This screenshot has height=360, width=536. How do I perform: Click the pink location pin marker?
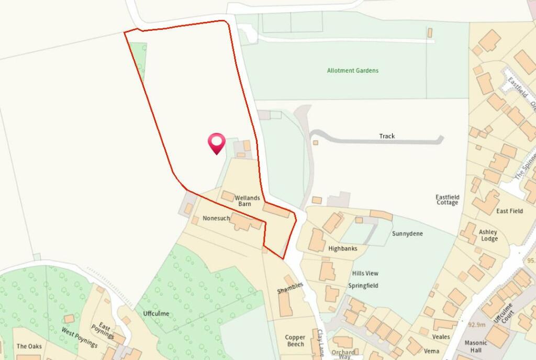point(216,142)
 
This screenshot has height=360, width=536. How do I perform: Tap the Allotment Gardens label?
point(353,71)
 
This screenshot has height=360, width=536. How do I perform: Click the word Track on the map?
point(387,136)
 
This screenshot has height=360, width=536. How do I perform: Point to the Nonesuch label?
point(216,218)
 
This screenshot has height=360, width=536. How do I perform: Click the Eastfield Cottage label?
point(447,199)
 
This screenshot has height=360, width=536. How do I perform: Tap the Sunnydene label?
point(407,234)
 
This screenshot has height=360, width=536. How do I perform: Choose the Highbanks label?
point(343,249)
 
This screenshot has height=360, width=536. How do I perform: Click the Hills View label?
point(365,273)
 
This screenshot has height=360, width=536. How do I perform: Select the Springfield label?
point(363,286)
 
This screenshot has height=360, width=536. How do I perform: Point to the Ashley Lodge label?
point(488,235)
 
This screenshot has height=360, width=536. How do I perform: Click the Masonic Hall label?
point(476,346)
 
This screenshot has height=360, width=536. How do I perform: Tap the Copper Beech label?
point(295,341)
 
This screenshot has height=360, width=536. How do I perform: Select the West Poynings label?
point(80,337)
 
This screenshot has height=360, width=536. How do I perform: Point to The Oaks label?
point(29,346)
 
